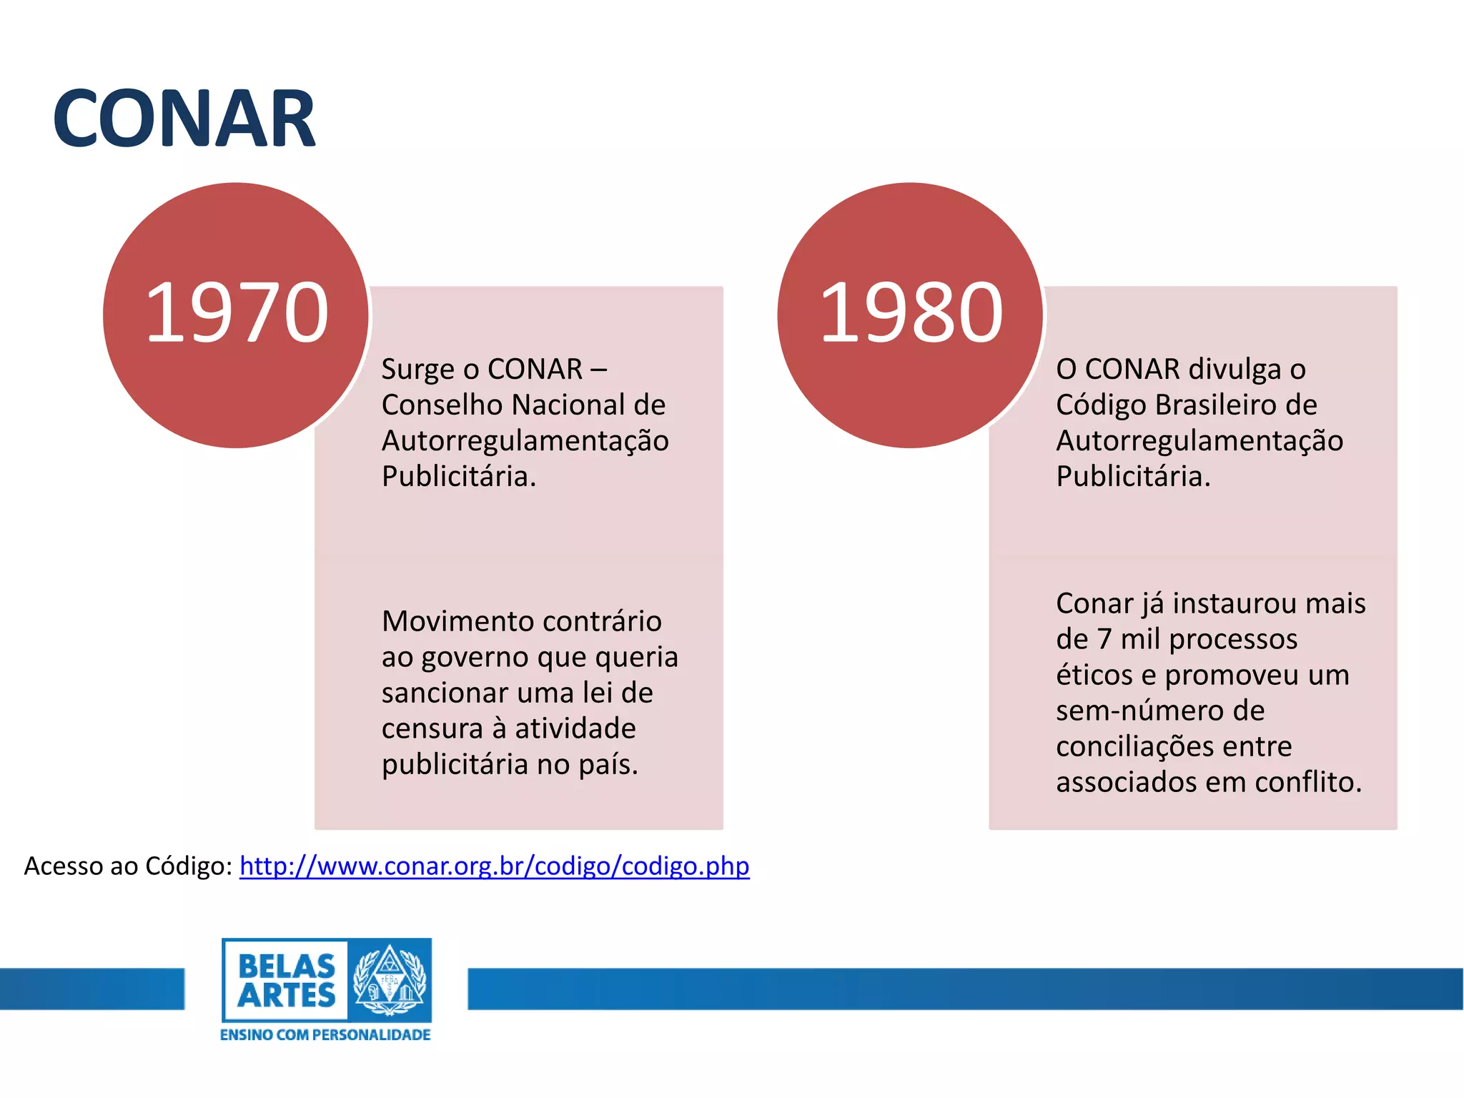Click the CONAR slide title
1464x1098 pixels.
point(184,119)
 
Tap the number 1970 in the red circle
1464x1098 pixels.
point(237,313)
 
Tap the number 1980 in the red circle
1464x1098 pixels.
point(911,313)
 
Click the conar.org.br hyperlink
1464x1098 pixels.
point(494,866)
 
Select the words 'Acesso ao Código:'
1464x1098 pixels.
point(128,866)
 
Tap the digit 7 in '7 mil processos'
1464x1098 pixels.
point(1104,639)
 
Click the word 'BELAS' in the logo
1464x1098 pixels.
point(286,966)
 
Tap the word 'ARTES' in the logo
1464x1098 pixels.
point(286,996)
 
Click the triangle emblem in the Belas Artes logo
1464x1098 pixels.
point(389,979)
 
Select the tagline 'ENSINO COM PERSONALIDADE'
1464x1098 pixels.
point(325,1035)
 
